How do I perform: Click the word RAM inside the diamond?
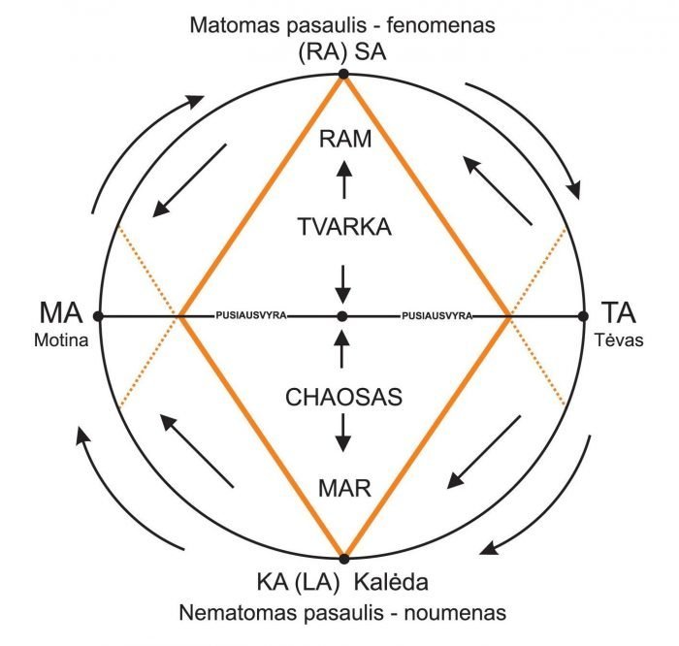tap(344, 139)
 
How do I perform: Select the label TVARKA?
tap(344, 227)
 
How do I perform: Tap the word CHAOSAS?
tap(342, 397)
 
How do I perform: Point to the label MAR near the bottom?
tap(344, 487)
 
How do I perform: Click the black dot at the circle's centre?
tap(342, 316)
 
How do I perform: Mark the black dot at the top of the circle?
tap(342, 74)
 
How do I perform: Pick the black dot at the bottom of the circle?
tap(342, 558)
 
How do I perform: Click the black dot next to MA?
tap(99, 316)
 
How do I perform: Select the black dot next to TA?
tap(584, 316)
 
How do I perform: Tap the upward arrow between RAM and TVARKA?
tap(342, 180)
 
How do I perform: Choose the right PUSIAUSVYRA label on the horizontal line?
tap(436, 316)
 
